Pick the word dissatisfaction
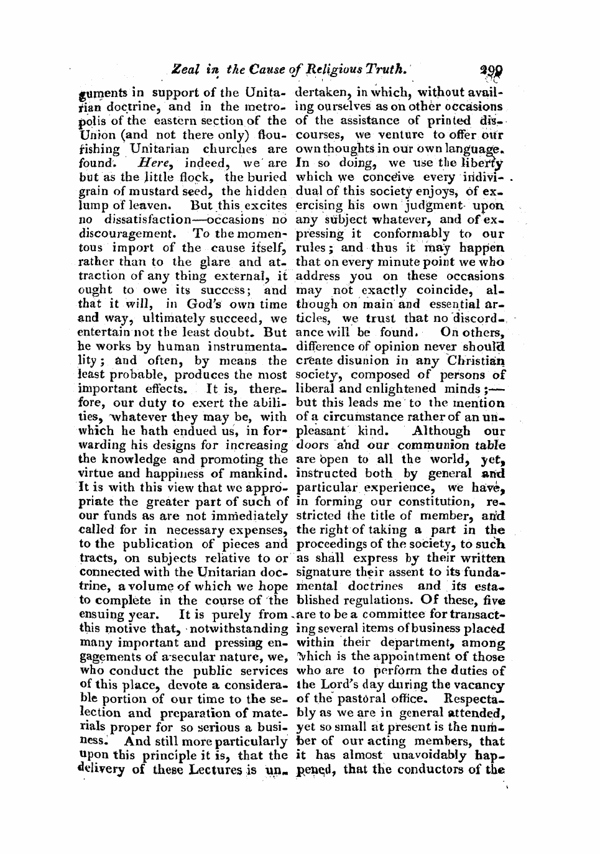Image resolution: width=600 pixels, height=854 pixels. (x=141, y=219)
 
